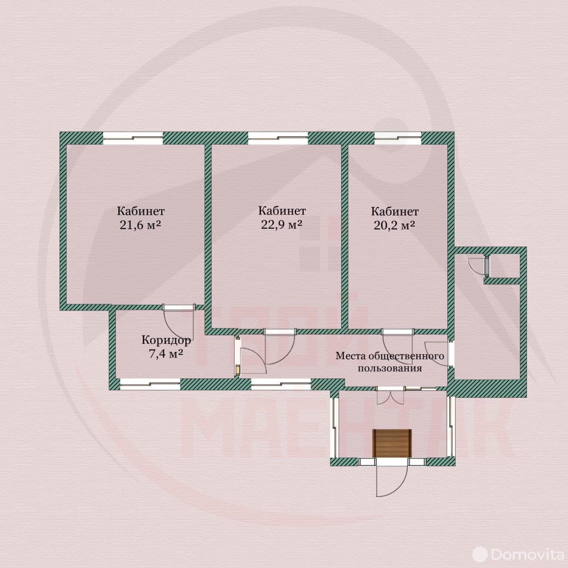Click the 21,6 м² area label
pyautogui.click(x=141, y=225)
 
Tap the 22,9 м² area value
pyautogui.click(x=282, y=224)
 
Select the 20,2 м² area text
pyautogui.click(x=394, y=225)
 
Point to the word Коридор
pyautogui.click(x=166, y=340)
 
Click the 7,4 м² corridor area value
pyautogui.click(x=166, y=354)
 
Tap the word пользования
pyautogui.click(x=390, y=368)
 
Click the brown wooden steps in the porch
pyautogui.click(x=392, y=443)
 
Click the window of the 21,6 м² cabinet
pyautogui.click(x=132, y=138)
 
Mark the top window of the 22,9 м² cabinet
pyautogui.click(x=278, y=138)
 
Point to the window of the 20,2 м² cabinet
pyautogui.click(x=398, y=138)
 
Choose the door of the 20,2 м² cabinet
pyautogui.click(x=398, y=346)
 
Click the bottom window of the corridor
pyautogui.click(x=150, y=384)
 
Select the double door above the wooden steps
pyautogui.click(x=390, y=396)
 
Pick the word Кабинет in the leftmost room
pyautogui.click(x=141, y=211)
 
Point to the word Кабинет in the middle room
pyautogui.click(x=282, y=210)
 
